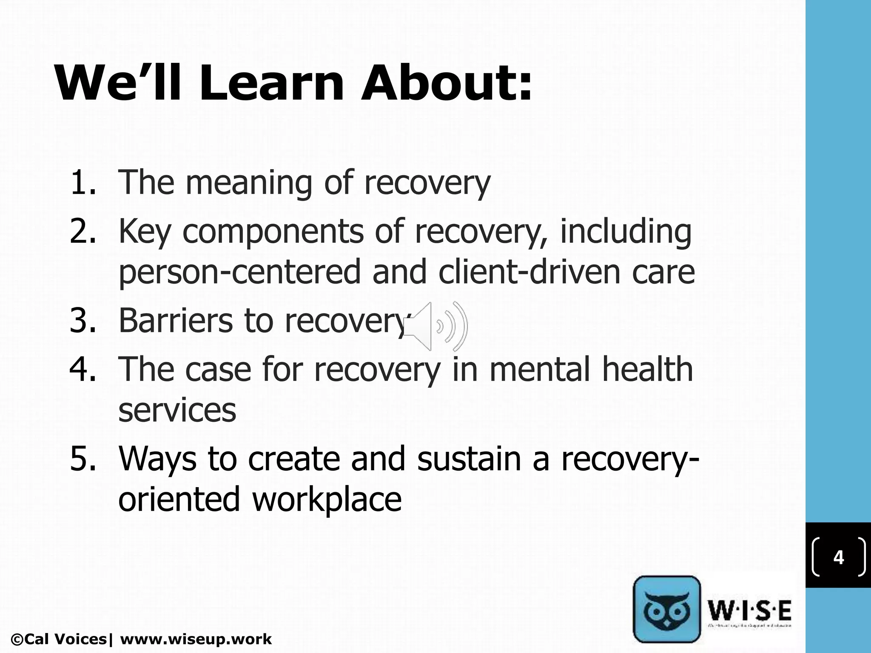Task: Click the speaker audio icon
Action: coord(435,326)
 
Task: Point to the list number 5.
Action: coord(83,459)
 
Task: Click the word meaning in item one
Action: coord(249,183)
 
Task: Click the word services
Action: coord(177,410)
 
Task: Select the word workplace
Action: coord(327,499)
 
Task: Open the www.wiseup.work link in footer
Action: coord(196,639)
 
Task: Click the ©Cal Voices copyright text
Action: coord(60,639)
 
